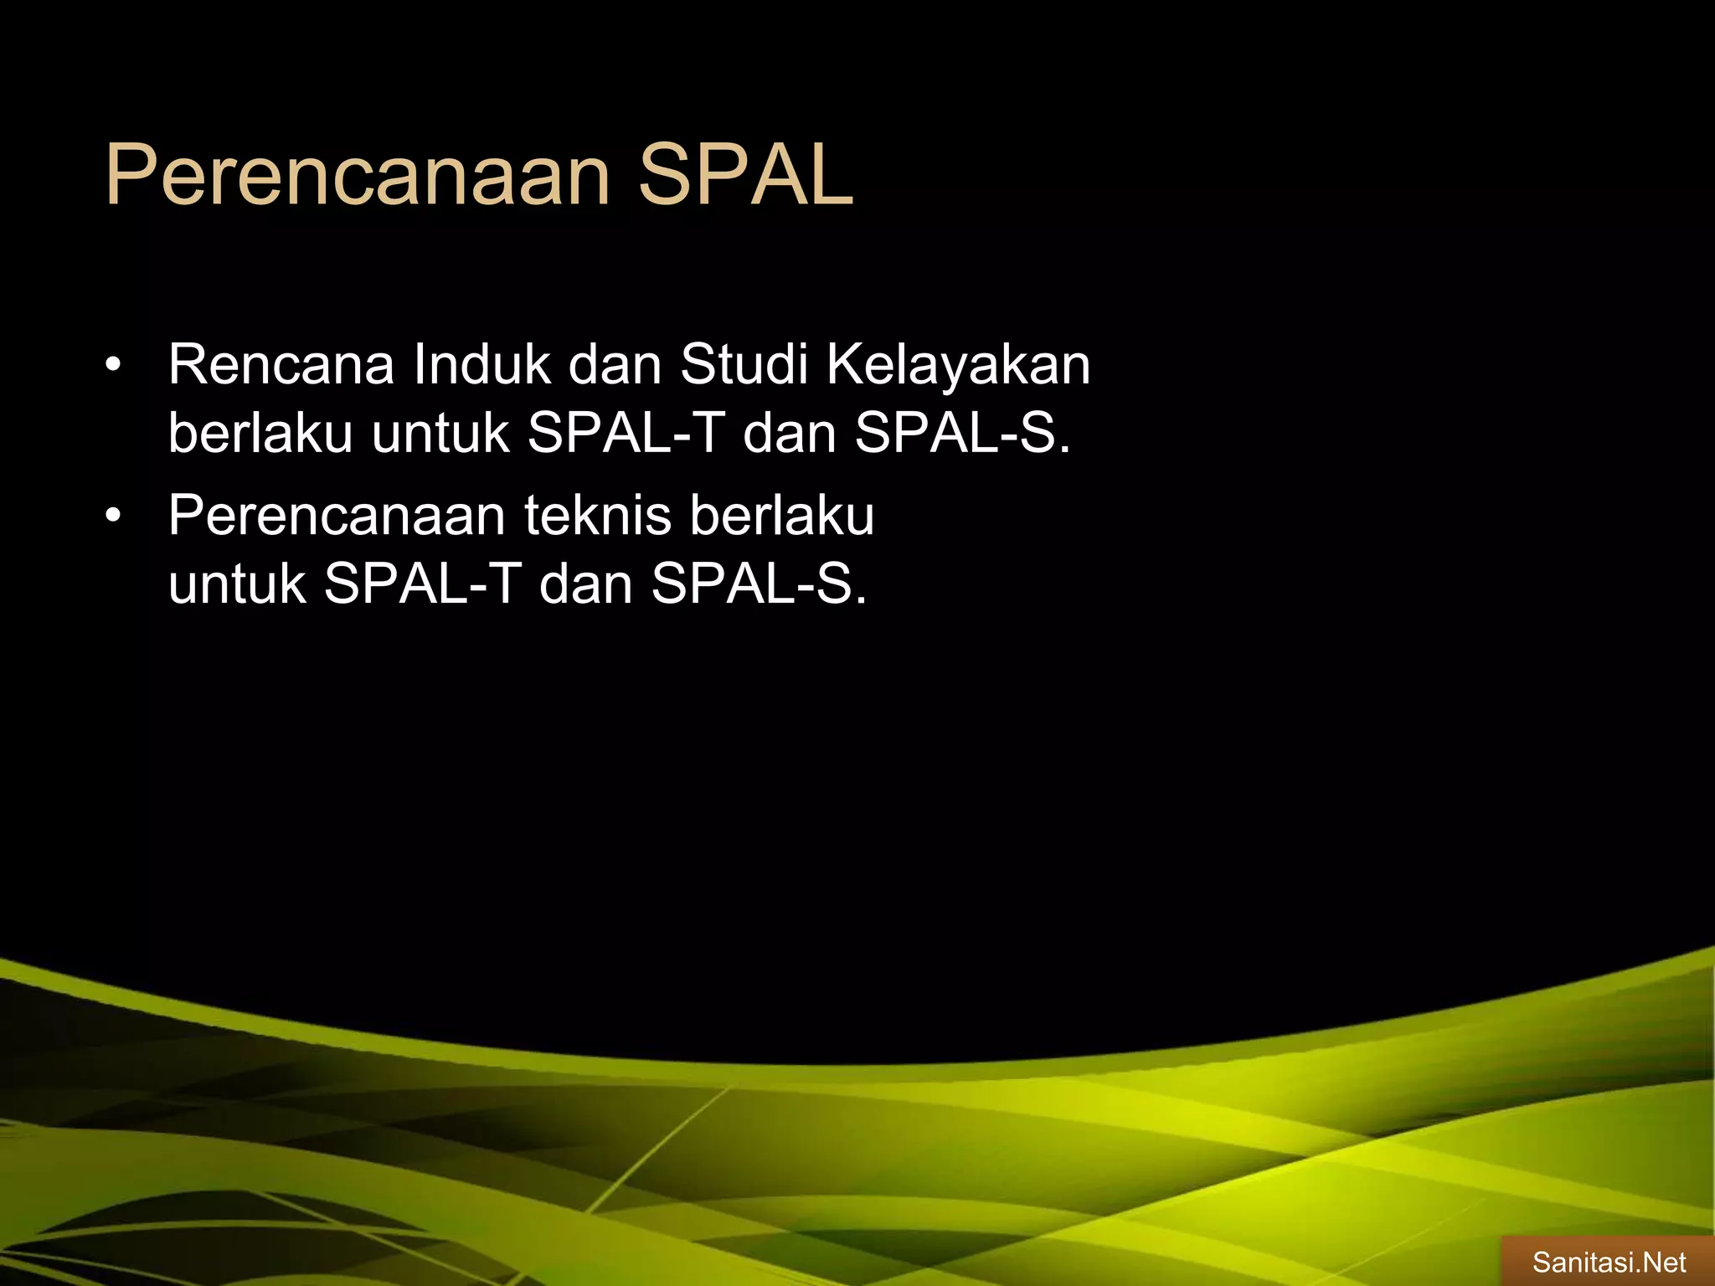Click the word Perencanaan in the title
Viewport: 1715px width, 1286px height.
click(357, 176)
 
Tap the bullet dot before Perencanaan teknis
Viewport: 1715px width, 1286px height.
click(114, 516)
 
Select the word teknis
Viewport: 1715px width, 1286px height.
click(597, 516)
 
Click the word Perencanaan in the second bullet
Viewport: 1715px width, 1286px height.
click(336, 516)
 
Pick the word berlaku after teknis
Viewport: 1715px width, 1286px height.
click(782, 516)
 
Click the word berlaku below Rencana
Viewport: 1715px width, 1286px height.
click(260, 434)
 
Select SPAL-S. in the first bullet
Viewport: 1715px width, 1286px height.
click(962, 434)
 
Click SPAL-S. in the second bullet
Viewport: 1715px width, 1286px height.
click(759, 584)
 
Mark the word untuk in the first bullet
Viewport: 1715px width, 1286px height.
click(440, 434)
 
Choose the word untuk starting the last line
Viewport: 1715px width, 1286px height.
click(237, 584)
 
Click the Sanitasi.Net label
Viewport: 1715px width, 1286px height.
click(1609, 1262)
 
